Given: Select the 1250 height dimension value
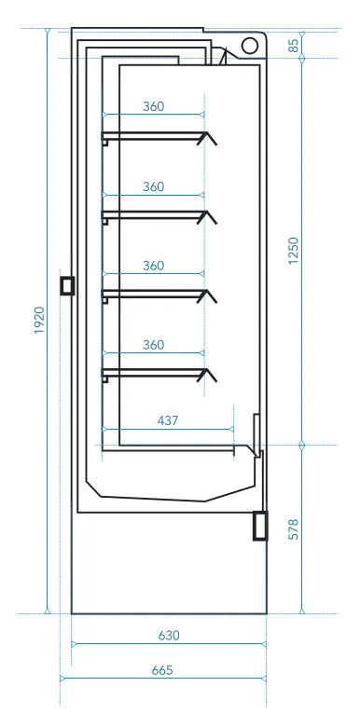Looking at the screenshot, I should point(295,251).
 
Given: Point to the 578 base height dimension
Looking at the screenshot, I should point(295,529).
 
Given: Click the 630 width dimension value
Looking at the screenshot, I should point(169,636).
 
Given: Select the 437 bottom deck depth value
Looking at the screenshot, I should point(168,421).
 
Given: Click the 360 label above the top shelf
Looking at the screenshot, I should point(153,106).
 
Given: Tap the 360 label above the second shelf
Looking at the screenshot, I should point(153,186).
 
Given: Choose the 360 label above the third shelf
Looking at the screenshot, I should point(153,266).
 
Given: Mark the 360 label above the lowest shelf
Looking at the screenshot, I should point(153,345).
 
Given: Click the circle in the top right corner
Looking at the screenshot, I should point(251,46).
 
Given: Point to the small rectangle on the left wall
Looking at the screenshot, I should point(66,285).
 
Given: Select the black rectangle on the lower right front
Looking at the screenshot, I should point(260,526).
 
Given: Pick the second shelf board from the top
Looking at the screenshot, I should point(149,215).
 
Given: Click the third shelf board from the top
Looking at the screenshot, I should point(149,295).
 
